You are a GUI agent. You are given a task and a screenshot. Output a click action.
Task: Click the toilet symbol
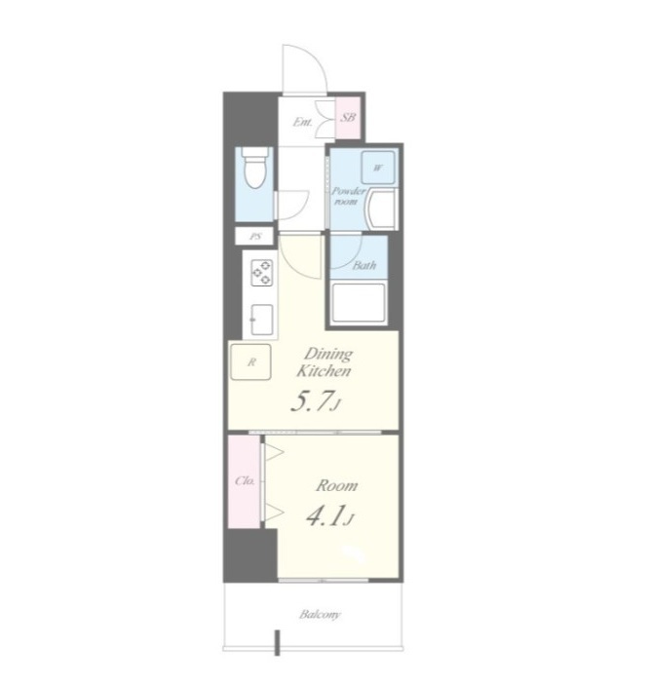pos(255,169)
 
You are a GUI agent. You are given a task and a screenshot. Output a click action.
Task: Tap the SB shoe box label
pos(348,117)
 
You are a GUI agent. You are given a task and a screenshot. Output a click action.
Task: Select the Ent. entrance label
pos(302,122)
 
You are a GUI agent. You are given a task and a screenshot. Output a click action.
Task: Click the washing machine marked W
pos(378,168)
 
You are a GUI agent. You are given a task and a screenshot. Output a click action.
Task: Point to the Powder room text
pos(348,196)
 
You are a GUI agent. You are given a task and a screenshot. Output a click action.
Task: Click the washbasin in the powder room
pos(382,209)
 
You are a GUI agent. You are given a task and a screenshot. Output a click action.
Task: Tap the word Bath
pos(364,265)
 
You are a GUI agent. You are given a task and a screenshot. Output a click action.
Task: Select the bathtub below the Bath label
pos(359,303)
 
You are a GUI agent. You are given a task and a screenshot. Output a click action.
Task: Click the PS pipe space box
pos(254,237)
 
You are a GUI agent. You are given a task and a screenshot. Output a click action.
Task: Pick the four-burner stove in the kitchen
pos(261,273)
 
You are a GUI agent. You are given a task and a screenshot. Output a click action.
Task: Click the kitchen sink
pos(262,320)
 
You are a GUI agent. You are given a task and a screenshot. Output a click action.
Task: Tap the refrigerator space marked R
pos(250,361)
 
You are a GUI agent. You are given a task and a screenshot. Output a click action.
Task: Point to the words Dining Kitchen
pos(325,362)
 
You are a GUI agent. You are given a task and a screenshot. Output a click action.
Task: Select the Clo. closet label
pos(245,480)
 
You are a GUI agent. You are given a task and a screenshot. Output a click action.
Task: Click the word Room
pos(336,485)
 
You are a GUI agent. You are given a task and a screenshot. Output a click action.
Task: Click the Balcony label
pos(320,615)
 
